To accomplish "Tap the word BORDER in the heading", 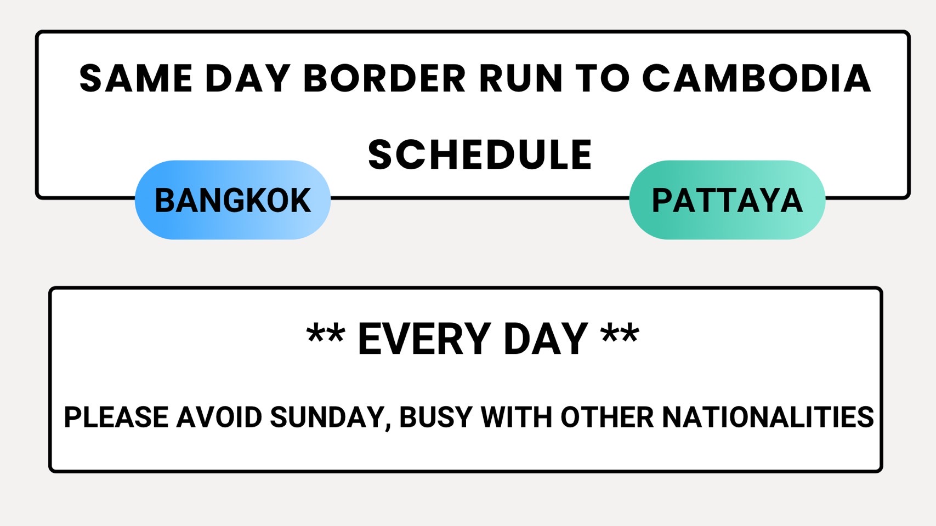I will click(384, 78).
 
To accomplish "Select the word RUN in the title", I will click(521, 78).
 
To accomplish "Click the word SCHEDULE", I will click(480, 155).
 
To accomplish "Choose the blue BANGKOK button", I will click(232, 200).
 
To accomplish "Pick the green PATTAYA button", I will click(727, 200).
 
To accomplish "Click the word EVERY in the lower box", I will click(424, 340).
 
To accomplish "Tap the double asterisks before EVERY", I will click(326, 335).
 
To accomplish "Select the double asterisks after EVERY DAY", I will click(620, 335).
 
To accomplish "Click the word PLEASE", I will click(116, 418).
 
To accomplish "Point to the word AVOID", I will click(219, 418).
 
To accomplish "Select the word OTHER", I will click(607, 418).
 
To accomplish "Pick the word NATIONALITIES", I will click(768, 418).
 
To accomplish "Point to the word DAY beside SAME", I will click(248, 78).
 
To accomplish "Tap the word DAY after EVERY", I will click(546, 340).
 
